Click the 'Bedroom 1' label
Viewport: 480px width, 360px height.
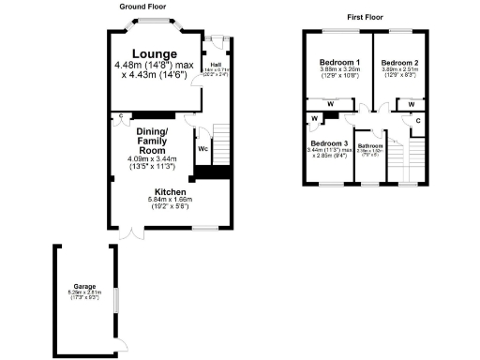coord(334,62)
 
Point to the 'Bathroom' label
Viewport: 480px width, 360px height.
coord(369,145)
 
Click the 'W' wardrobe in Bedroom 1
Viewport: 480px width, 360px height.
coord(330,104)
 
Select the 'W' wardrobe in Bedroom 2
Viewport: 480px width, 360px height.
coord(411,104)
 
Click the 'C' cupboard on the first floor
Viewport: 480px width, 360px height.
coord(417,120)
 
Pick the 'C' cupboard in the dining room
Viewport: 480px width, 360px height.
coord(122,117)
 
